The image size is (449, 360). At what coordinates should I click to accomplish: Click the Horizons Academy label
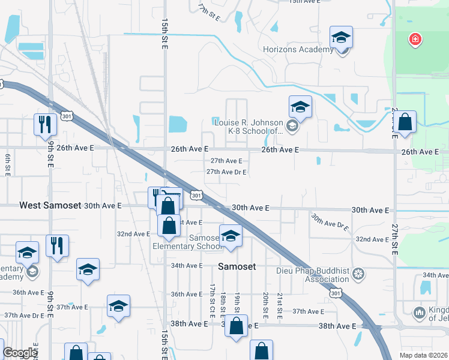point(298,49)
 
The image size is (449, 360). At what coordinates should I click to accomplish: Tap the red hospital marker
point(414,40)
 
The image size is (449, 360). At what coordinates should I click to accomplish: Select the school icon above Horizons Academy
point(341,38)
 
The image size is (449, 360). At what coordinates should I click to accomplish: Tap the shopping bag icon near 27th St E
point(405,122)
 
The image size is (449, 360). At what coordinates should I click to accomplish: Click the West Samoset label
point(50,205)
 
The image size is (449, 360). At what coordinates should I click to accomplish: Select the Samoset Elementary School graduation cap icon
point(230,236)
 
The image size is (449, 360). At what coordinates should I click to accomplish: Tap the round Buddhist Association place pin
point(359,274)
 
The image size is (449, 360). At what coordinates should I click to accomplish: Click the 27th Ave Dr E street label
point(227,172)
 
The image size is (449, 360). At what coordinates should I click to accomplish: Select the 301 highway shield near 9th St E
point(67,115)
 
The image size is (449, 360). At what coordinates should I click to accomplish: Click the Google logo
point(20,353)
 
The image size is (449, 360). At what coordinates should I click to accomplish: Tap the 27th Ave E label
point(226,161)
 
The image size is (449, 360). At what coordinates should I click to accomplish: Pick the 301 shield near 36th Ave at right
point(336,292)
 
